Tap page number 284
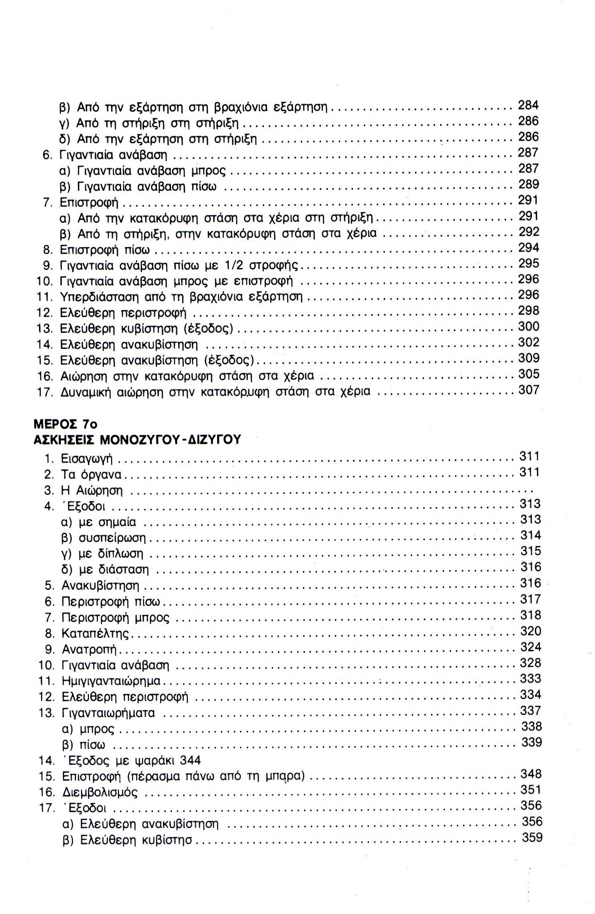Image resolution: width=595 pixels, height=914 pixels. point(528,105)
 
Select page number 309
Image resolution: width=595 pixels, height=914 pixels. point(529,358)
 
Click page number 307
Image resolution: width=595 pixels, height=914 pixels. point(529,390)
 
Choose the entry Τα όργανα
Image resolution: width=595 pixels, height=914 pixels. point(91,475)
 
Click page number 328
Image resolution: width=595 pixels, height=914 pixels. point(531,662)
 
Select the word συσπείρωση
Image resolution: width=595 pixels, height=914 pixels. point(113,538)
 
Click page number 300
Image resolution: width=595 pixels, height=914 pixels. point(529,327)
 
